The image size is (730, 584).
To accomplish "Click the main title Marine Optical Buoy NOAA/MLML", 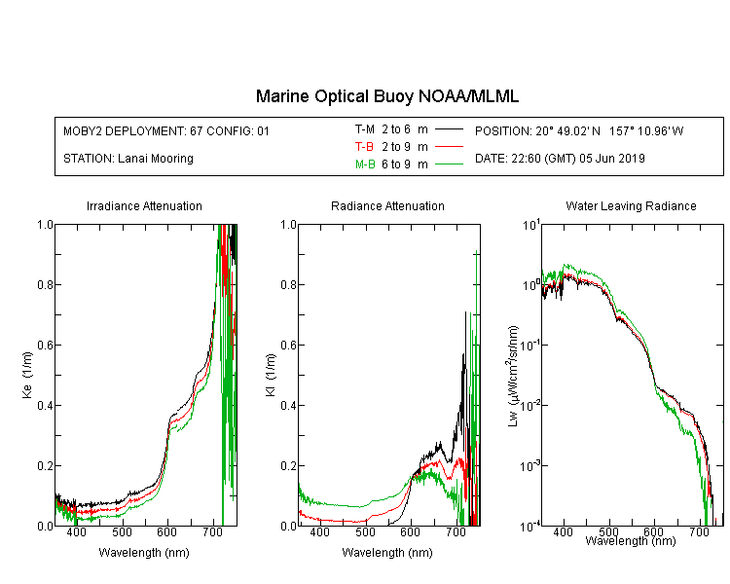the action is (386, 96).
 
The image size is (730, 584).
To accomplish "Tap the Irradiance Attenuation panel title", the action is (144, 205).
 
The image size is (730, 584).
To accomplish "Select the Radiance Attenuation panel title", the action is (387, 205).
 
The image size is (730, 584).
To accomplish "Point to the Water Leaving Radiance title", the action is (631, 205).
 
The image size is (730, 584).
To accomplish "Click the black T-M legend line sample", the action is (449, 129).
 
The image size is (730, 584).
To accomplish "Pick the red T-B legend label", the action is (364, 147).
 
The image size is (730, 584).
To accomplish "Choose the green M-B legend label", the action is (365, 164).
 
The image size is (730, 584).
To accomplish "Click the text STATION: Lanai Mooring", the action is (128, 159).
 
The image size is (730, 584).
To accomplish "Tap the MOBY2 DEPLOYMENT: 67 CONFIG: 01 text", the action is (166, 130).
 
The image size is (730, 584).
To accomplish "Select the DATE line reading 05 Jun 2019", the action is (560, 159).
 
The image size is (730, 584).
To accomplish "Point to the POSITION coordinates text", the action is (579, 130).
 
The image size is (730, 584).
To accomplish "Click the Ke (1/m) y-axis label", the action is (27, 375).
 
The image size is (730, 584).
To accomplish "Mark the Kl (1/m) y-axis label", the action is (271, 375).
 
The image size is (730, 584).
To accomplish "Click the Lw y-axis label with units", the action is (512, 376).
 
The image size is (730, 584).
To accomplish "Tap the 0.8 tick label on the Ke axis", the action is (45, 284).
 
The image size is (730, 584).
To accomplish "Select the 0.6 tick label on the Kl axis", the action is (289, 346).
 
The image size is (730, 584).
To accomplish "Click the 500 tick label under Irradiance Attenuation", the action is (122, 531).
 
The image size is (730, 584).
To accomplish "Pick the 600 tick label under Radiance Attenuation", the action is (410, 531).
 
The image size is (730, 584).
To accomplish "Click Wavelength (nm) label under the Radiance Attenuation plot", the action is (387, 553).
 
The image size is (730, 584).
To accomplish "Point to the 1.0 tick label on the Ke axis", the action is (45, 225).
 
